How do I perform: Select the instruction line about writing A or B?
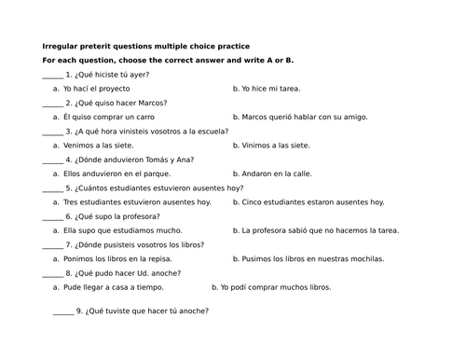click(x=168, y=60)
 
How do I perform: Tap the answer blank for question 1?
click(x=53, y=76)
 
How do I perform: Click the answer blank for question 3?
click(x=53, y=133)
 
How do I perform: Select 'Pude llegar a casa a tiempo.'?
click(x=116, y=288)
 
